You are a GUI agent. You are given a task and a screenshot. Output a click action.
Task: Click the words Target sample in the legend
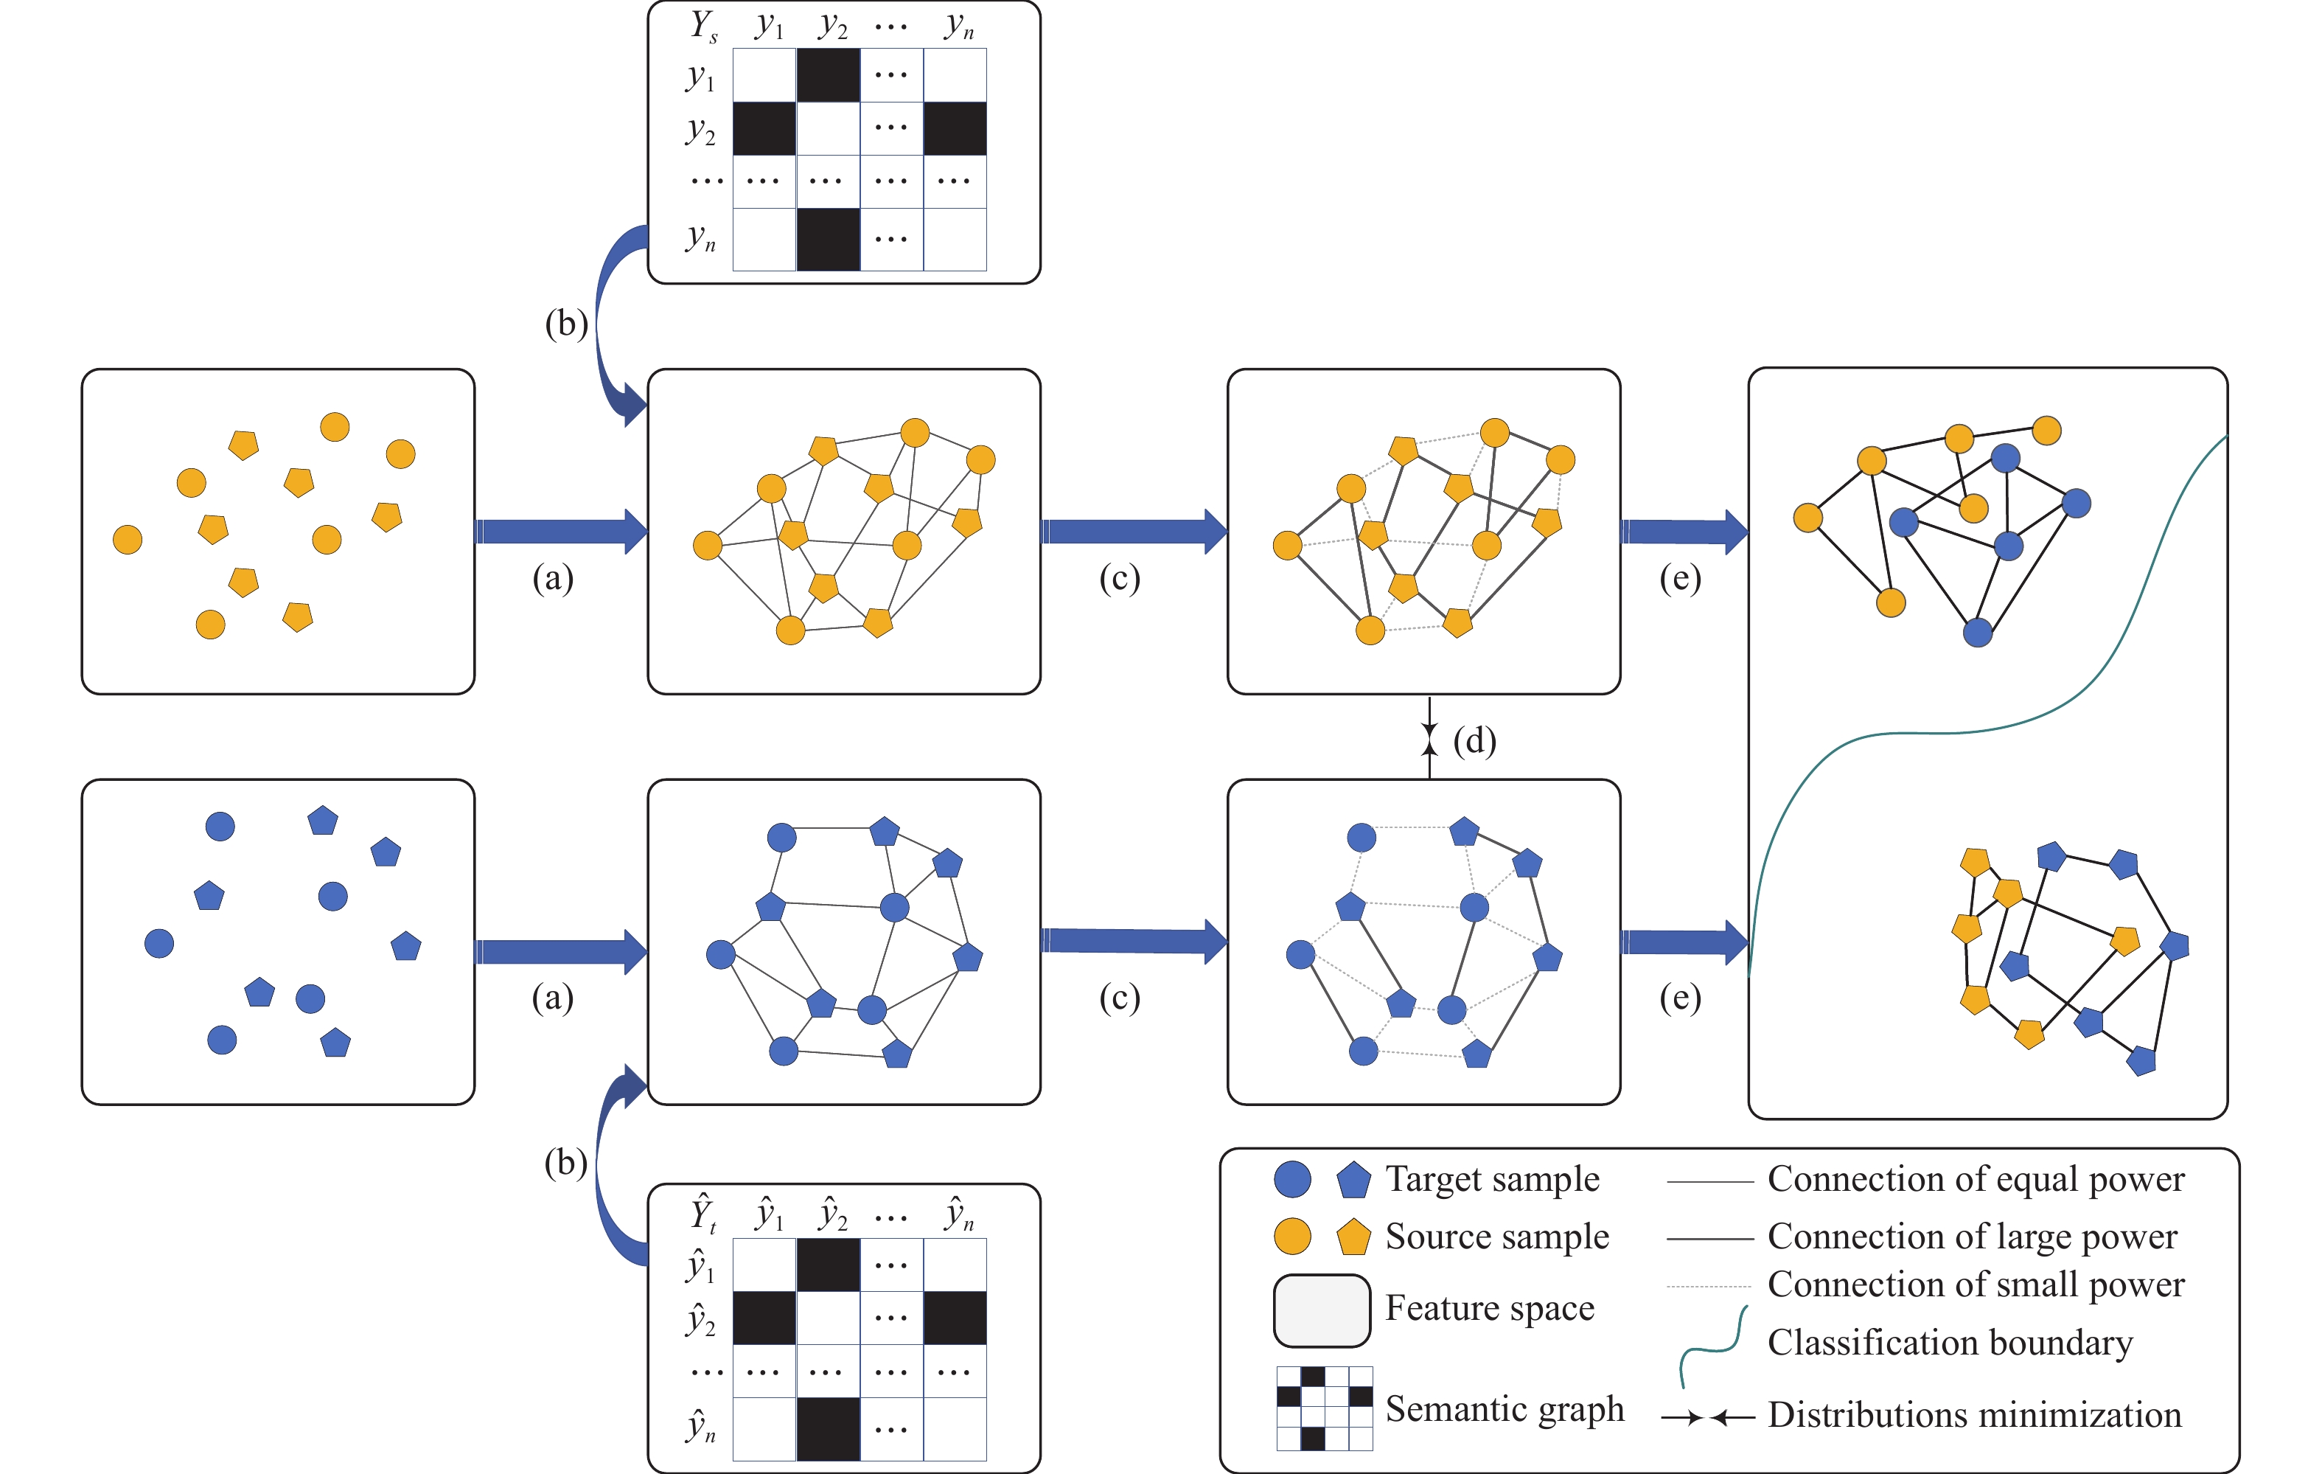pyautogui.click(x=1492, y=1179)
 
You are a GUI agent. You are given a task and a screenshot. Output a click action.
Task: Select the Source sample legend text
pyautogui.click(x=1496, y=1236)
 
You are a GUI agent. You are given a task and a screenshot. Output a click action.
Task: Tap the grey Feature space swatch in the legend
pyautogui.click(x=1321, y=1310)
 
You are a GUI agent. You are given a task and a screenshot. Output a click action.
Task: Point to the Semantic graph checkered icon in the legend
pyautogui.click(x=1324, y=1408)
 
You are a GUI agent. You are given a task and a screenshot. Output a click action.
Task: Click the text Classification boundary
pyautogui.click(x=1950, y=1342)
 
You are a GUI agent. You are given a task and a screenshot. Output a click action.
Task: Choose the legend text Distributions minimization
pyautogui.click(x=1974, y=1415)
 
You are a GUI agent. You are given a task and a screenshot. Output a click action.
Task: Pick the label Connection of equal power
pyautogui.click(x=1976, y=1179)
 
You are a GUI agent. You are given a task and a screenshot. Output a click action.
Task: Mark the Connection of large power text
pyautogui.click(x=1972, y=1236)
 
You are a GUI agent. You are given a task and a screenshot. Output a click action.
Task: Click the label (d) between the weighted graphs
pyautogui.click(x=1474, y=741)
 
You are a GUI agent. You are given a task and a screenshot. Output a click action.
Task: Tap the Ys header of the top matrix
pyautogui.click(x=704, y=26)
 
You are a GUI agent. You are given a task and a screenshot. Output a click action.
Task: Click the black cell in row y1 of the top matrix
pyautogui.click(x=827, y=75)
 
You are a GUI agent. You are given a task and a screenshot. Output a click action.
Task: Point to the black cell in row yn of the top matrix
pyautogui.click(x=827, y=238)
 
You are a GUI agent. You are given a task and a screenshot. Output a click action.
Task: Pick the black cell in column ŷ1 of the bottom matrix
pyautogui.click(x=764, y=1318)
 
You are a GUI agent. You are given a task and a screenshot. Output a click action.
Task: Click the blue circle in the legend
pyautogui.click(x=1292, y=1179)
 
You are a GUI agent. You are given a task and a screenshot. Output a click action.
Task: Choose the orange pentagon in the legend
pyautogui.click(x=1354, y=1237)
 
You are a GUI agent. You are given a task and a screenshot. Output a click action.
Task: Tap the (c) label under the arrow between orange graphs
pyautogui.click(x=1120, y=578)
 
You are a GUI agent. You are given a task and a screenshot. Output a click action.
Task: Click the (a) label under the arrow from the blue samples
pyautogui.click(x=553, y=998)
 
